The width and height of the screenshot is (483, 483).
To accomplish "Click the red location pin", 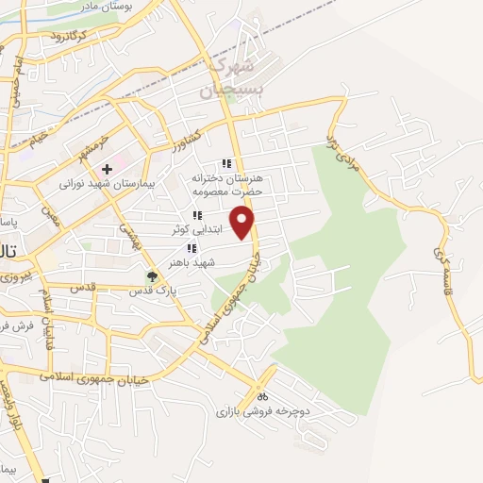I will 243,224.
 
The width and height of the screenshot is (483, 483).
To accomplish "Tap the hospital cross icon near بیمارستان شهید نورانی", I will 108,169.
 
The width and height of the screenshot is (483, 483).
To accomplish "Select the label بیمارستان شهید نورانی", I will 100,183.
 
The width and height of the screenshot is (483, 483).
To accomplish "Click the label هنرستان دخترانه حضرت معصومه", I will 225,184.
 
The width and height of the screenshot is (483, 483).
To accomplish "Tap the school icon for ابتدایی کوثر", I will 197,216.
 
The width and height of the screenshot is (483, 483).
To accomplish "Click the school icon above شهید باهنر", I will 192,249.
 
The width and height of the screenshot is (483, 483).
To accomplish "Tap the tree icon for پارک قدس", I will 151,276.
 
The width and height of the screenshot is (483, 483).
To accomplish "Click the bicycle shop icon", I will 262,396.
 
